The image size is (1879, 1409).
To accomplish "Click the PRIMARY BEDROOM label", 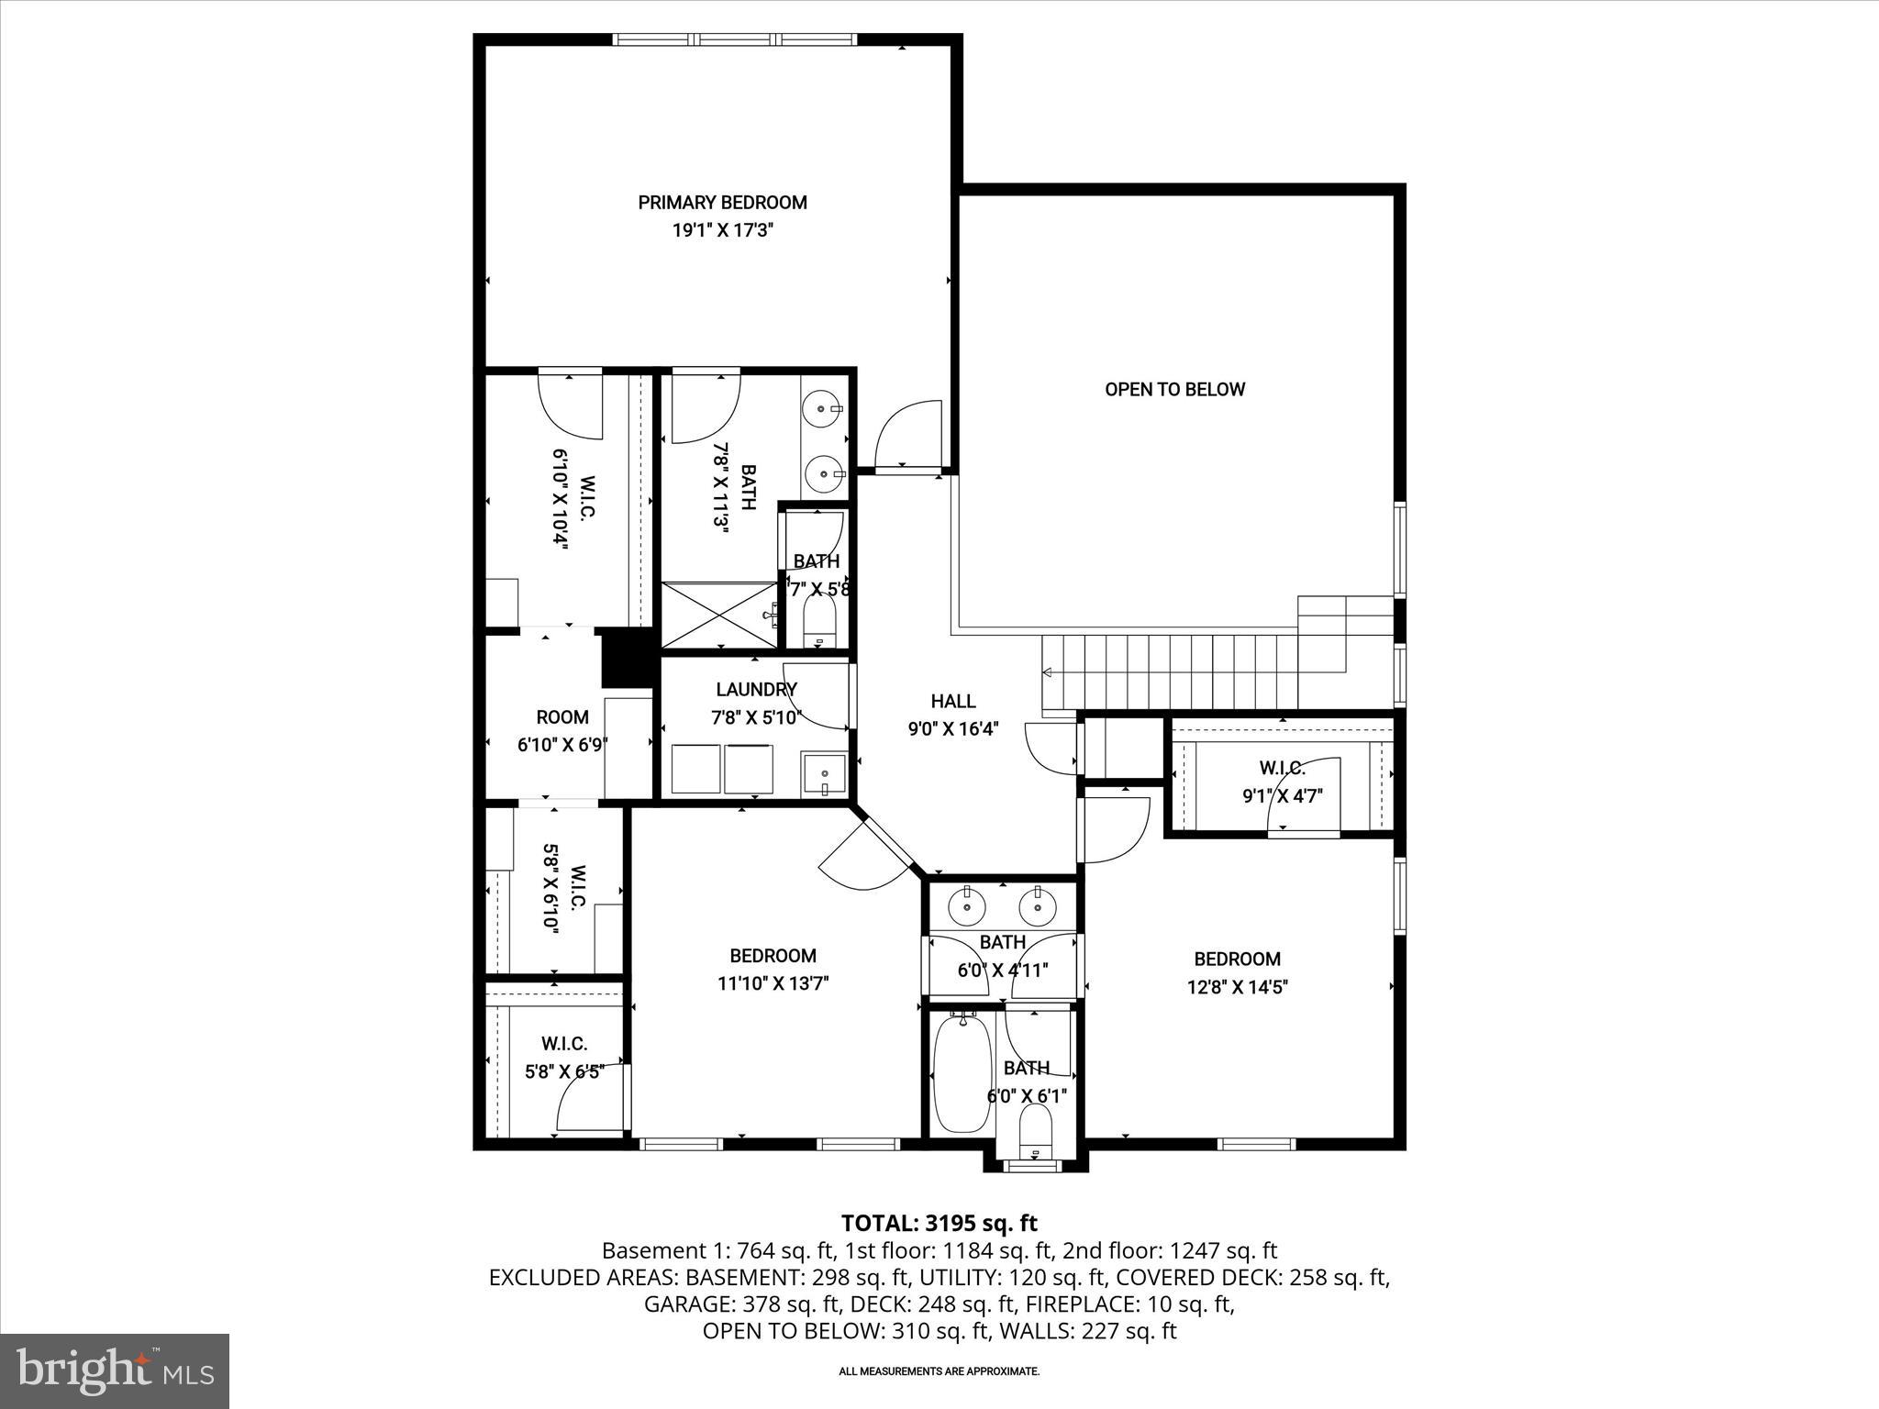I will pos(722,203).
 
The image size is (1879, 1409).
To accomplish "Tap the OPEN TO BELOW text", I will pos(1174,389).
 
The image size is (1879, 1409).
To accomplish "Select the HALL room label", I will pos(952,702).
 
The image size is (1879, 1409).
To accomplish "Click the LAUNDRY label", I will pos(756,689).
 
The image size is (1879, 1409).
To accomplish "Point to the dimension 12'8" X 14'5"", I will pos(1236,987).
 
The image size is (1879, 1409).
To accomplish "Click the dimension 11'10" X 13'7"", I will pos(773,983).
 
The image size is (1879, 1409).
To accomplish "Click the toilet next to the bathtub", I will pos(1036,1128).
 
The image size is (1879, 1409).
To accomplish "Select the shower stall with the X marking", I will pos(717,615).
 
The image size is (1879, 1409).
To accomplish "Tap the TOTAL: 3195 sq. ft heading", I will pos(939,1223).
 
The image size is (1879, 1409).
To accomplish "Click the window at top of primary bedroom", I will pos(734,39).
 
